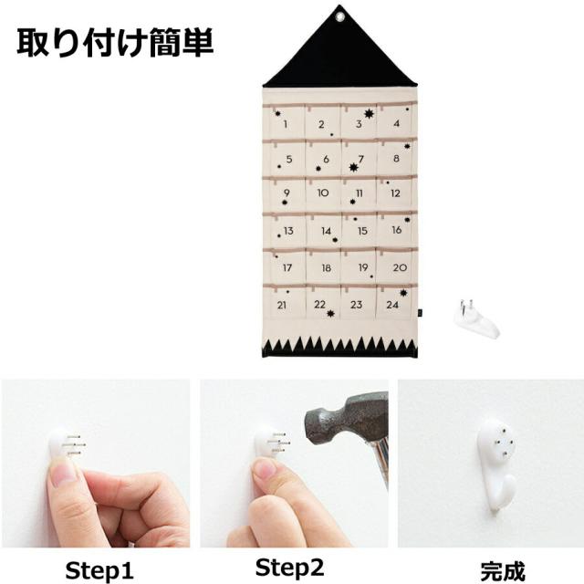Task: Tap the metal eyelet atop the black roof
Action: [340, 16]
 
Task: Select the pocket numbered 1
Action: [287, 124]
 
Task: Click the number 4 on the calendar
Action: [396, 123]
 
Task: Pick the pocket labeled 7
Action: [360, 159]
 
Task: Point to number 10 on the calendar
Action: [323, 193]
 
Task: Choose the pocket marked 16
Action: [396, 230]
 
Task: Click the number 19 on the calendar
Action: [361, 267]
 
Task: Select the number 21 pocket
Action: [285, 304]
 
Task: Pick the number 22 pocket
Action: [320, 304]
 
